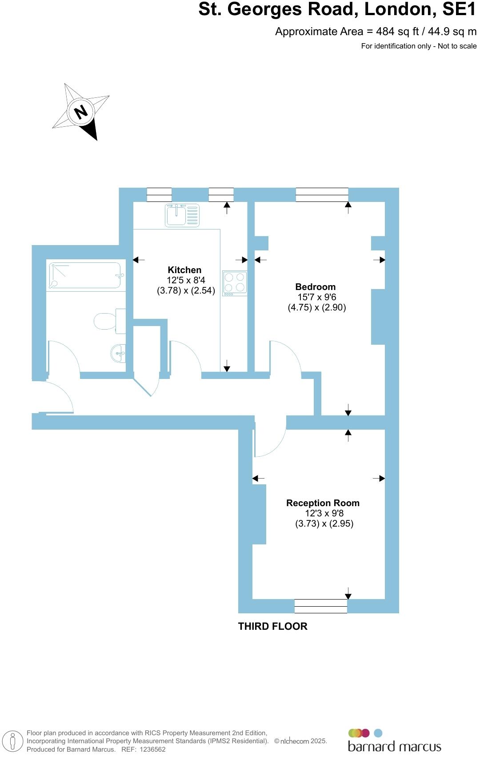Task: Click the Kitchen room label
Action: tap(184, 270)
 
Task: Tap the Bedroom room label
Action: tap(315, 287)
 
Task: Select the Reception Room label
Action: tap(323, 503)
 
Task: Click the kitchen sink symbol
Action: tap(182, 215)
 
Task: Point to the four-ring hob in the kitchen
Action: tap(235, 283)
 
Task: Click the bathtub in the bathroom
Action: tap(84, 276)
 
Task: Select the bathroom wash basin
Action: tap(118, 354)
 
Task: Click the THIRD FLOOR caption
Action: tap(272, 626)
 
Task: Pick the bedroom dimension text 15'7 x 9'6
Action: tap(316, 297)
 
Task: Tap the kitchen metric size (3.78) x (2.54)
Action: tap(186, 291)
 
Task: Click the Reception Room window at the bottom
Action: tap(320, 606)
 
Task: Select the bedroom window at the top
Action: tap(322, 195)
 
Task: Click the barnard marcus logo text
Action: tap(394, 747)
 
